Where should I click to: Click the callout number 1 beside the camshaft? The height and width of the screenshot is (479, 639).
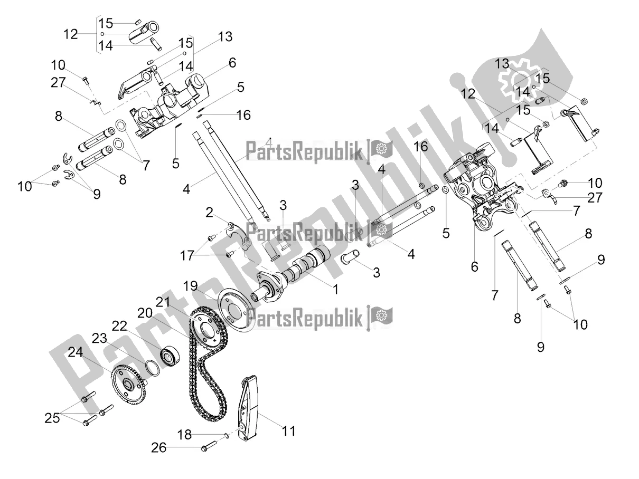coord(335,290)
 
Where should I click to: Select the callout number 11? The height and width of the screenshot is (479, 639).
coord(288,430)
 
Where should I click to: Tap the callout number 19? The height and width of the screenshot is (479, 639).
coord(191,286)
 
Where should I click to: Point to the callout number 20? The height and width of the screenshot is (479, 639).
coord(145,313)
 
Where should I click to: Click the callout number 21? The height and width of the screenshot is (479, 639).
coord(163,302)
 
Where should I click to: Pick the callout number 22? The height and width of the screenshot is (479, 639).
coord(119,326)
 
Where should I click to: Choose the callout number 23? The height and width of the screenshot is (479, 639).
coord(100,338)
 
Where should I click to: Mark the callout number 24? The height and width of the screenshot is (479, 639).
coord(76,352)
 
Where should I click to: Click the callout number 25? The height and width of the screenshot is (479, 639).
coord(52,418)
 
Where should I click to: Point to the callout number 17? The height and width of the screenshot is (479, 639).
coord(187,256)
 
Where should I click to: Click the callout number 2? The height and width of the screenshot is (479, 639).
coord(209,213)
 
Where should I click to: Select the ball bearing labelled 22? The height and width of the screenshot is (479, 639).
coord(170,356)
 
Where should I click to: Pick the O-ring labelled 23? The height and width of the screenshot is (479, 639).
coord(152,368)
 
